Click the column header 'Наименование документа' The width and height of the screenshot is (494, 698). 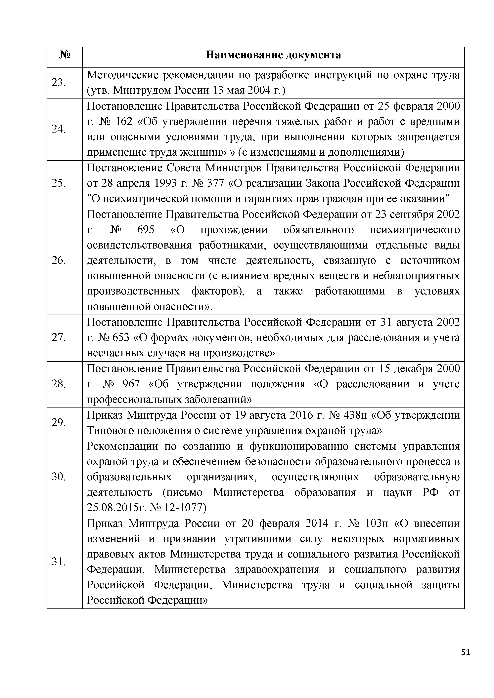273,55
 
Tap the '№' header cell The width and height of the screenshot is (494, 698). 65,55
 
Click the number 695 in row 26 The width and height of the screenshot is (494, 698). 146,230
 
